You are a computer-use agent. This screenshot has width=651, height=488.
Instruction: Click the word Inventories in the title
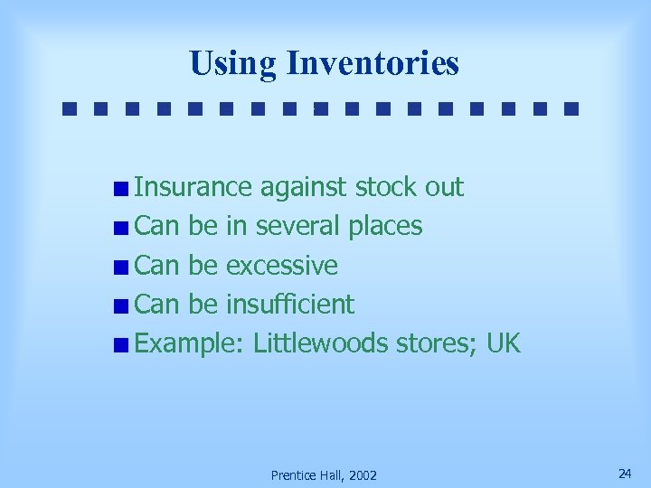372,64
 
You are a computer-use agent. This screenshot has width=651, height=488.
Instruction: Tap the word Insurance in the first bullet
193,187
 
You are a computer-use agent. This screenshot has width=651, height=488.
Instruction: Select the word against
304,187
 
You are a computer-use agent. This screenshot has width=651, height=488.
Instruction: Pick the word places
385,227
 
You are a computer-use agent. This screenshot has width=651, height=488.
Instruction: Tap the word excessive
281,266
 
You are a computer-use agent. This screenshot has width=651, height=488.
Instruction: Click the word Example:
190,344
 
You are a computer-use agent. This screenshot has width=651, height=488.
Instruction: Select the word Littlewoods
321,343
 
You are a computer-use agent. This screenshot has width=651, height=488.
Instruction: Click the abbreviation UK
504,343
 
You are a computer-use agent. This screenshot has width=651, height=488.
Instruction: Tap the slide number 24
624,474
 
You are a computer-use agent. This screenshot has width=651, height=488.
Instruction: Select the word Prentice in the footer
291,475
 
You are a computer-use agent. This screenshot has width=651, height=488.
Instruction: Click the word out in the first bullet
444,187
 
